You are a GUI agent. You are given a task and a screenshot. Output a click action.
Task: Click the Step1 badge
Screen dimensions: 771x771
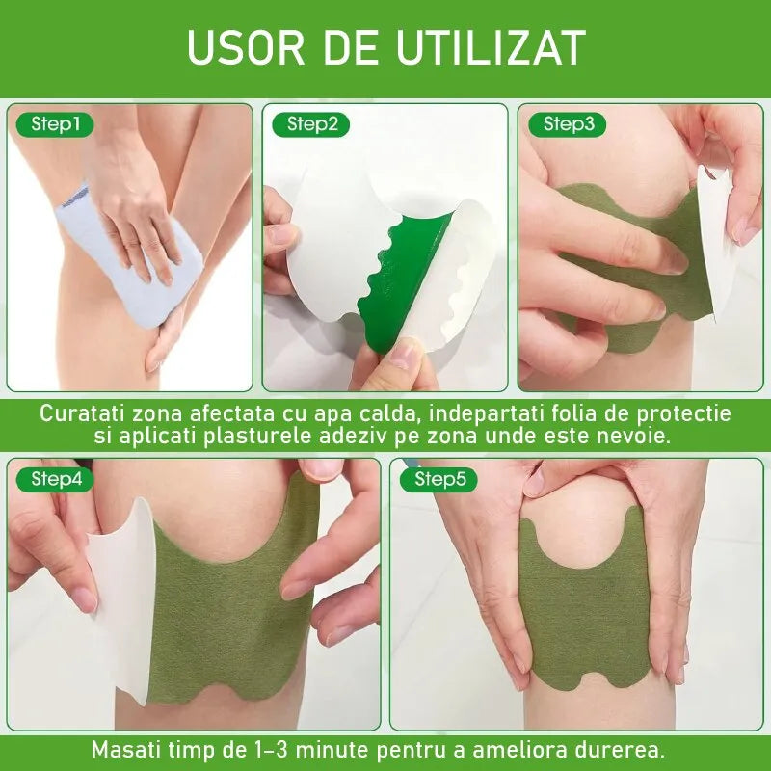pos(55,124)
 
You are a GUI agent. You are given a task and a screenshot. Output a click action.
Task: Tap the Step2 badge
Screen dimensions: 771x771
pos(310,124)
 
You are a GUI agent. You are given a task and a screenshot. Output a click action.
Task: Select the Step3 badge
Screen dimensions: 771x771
pos(567,124)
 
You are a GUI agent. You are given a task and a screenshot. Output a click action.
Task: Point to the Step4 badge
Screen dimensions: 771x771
pos(55,479)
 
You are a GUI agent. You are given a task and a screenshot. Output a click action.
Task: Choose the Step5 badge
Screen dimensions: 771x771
pos(439,479)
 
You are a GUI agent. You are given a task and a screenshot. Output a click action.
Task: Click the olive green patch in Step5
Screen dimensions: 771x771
pos(585,604)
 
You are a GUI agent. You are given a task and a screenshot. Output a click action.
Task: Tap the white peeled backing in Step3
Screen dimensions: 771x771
pos(717,241)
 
